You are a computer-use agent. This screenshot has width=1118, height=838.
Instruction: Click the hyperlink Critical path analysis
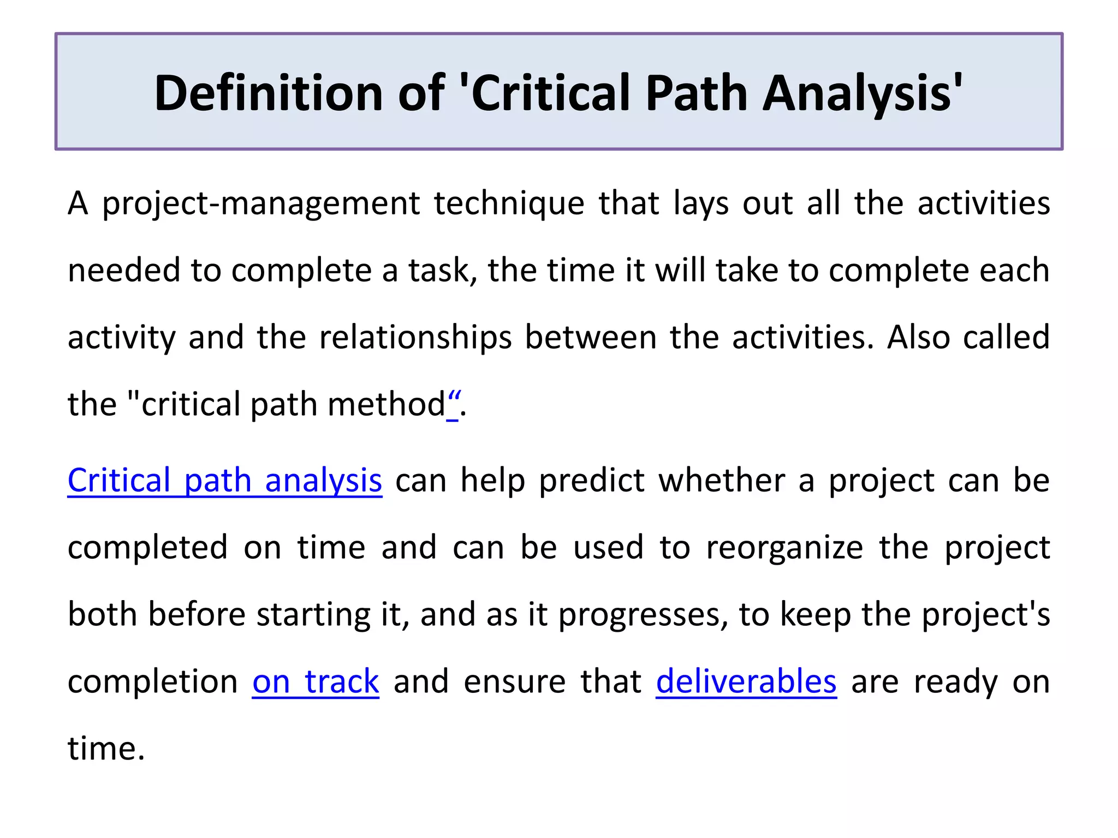tap(224, 481)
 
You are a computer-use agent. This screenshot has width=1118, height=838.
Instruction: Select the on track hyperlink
tap(316, 682)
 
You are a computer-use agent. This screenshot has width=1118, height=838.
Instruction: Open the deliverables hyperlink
tap(746, 682)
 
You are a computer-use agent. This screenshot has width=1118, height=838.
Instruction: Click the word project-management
tap(261, 204)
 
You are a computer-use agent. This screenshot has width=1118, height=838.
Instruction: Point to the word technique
tap(509, 204)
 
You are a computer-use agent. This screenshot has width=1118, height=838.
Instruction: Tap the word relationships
tap(415, 338)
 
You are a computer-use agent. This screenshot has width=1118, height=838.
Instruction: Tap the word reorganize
tap(784, 548)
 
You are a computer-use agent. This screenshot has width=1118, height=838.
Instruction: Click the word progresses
tap(643, 615)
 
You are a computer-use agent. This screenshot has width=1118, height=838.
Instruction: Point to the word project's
tap(986, 615)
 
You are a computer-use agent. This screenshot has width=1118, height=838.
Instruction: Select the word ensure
tap(514, 682)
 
